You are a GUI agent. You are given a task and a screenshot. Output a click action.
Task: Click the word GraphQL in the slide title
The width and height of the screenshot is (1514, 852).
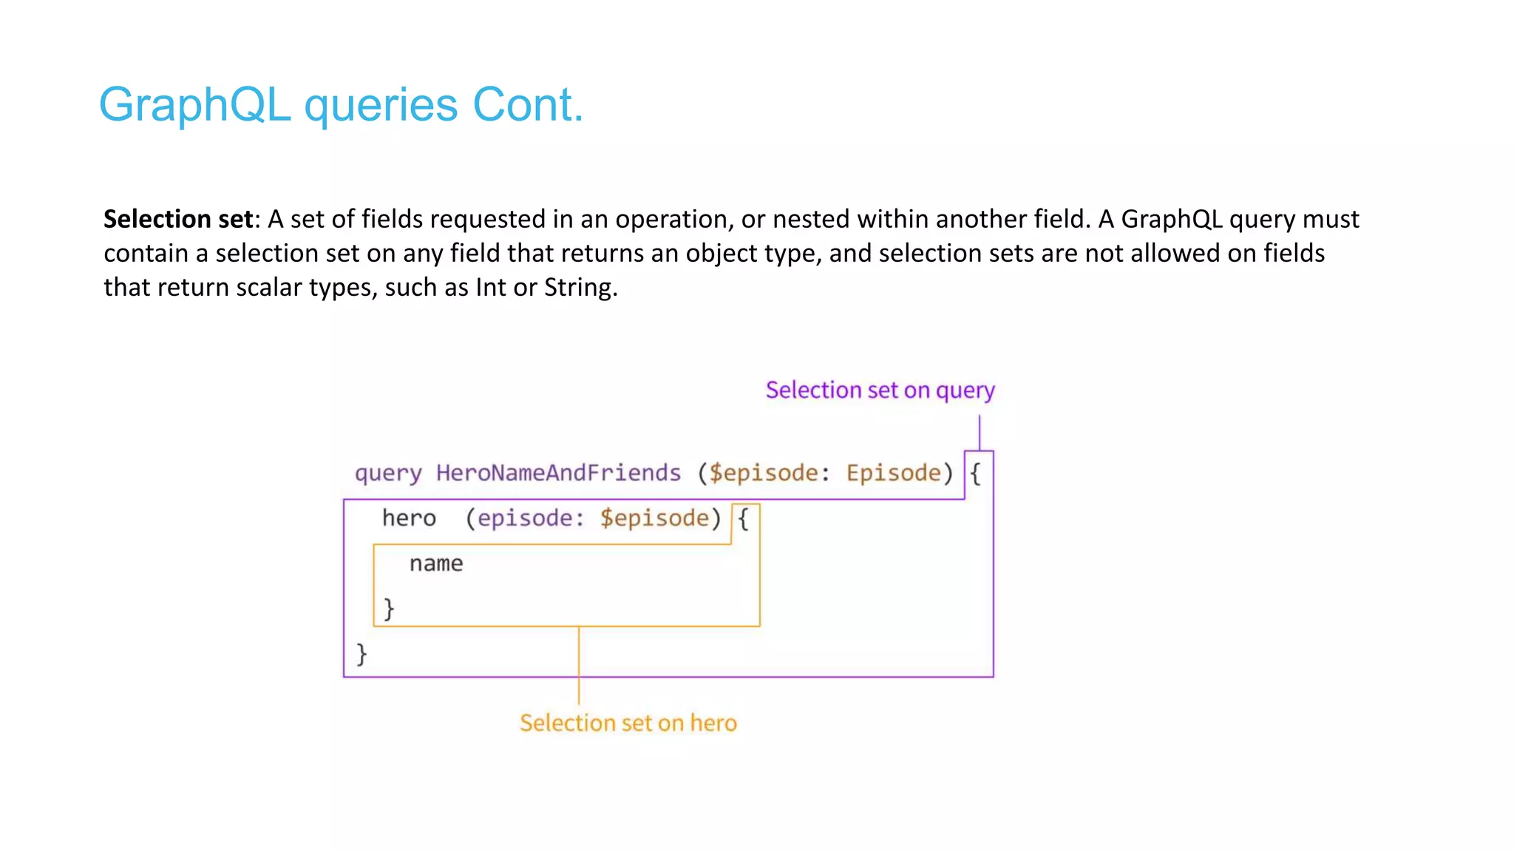(194, 105)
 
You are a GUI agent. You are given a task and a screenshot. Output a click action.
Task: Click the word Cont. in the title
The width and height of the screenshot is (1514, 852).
(528, 105)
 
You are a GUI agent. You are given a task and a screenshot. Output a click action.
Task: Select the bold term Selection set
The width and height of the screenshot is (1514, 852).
(178, 219)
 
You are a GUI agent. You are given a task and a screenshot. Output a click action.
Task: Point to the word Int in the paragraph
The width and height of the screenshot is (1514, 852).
(491, 287)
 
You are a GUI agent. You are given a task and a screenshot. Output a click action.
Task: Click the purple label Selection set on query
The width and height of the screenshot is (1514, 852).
(880, 390)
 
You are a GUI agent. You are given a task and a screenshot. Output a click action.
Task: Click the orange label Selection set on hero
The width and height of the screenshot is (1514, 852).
(628, 723)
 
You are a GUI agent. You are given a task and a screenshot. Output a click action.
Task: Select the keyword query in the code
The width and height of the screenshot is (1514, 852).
(388, 473)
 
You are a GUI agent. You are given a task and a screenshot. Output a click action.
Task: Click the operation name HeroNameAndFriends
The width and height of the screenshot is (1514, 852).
(558, 473)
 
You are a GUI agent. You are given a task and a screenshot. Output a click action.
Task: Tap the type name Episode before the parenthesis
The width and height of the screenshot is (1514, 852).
(893, 473)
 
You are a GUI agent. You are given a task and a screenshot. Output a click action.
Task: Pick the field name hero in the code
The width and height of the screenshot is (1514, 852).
(409, 518)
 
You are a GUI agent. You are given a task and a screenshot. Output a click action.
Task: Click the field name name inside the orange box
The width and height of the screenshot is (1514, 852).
(436, 564)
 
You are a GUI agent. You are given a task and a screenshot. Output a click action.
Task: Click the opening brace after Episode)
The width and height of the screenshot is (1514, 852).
(976, 474)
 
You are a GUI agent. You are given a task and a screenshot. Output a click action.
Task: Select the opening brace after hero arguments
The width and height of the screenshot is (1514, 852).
(744, 519)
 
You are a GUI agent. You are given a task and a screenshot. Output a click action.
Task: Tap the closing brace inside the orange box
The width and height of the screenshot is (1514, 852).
(389, 609)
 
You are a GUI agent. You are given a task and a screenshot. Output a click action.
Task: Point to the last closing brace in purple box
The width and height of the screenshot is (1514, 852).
(361, 654)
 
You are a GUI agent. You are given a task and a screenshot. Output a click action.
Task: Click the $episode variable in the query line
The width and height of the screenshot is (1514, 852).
(763, 473)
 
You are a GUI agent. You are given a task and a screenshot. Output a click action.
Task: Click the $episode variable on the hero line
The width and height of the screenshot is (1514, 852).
(654, 518)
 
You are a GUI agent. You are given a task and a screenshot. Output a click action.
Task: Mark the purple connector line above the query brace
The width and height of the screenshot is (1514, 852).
(980, 432)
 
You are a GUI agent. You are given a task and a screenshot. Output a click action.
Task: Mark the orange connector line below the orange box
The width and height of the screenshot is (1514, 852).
(579, 666)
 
